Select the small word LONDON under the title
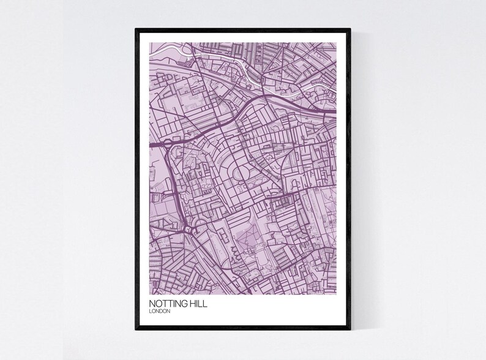160,311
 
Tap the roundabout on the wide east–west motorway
166,144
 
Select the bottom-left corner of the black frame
136,331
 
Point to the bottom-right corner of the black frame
350,331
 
